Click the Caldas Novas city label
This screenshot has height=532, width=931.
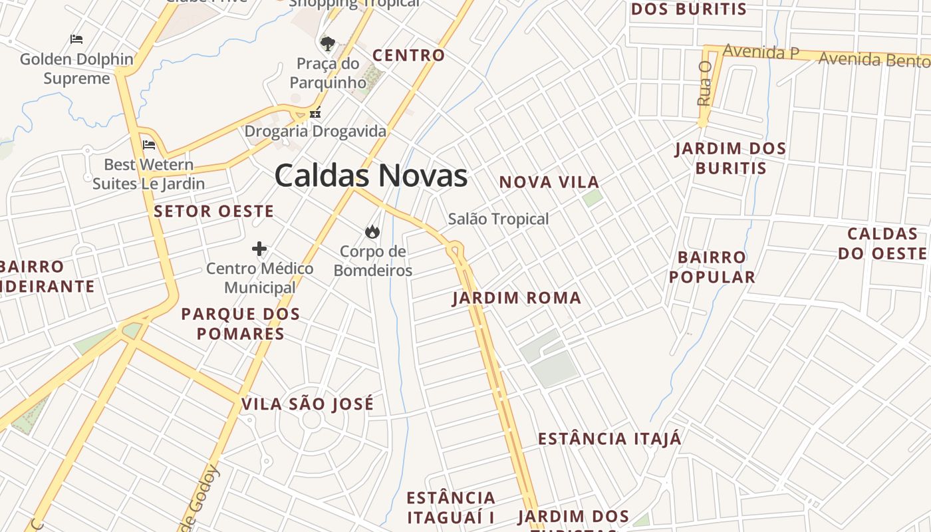[x=370, y=176]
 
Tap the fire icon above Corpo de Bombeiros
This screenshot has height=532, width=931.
[x=372, y=231]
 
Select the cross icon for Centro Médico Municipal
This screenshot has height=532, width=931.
[x=259, y=249]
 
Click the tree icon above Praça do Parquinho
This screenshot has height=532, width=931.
[x=327, y=45]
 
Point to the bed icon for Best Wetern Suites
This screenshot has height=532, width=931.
[x=149, y=144]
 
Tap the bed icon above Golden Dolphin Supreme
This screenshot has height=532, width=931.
[x=76, y=39]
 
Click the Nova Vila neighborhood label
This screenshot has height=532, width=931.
[x=549, y=182]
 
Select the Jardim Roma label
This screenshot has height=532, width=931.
[x=517, y=298]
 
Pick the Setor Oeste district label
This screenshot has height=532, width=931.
[x=213, y=211]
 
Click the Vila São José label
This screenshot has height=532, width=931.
[x=307, y=404]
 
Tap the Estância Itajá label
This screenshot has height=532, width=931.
[x=609, y=439]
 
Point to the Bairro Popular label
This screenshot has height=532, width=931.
[x=712, y=267]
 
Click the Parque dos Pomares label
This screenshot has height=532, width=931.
[x=241, y=323]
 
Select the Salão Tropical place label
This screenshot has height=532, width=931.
[x=498, y=219]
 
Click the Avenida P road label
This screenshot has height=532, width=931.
[x=761, y=52]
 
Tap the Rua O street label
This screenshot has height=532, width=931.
[x=704, y=84]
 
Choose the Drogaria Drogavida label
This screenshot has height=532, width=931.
[x=315, y=131]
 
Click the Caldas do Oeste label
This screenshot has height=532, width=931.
[x=882, y=243]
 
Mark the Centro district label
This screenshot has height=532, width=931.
[x=408, y=56]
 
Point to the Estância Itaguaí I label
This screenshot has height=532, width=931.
[x=451, y=507]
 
